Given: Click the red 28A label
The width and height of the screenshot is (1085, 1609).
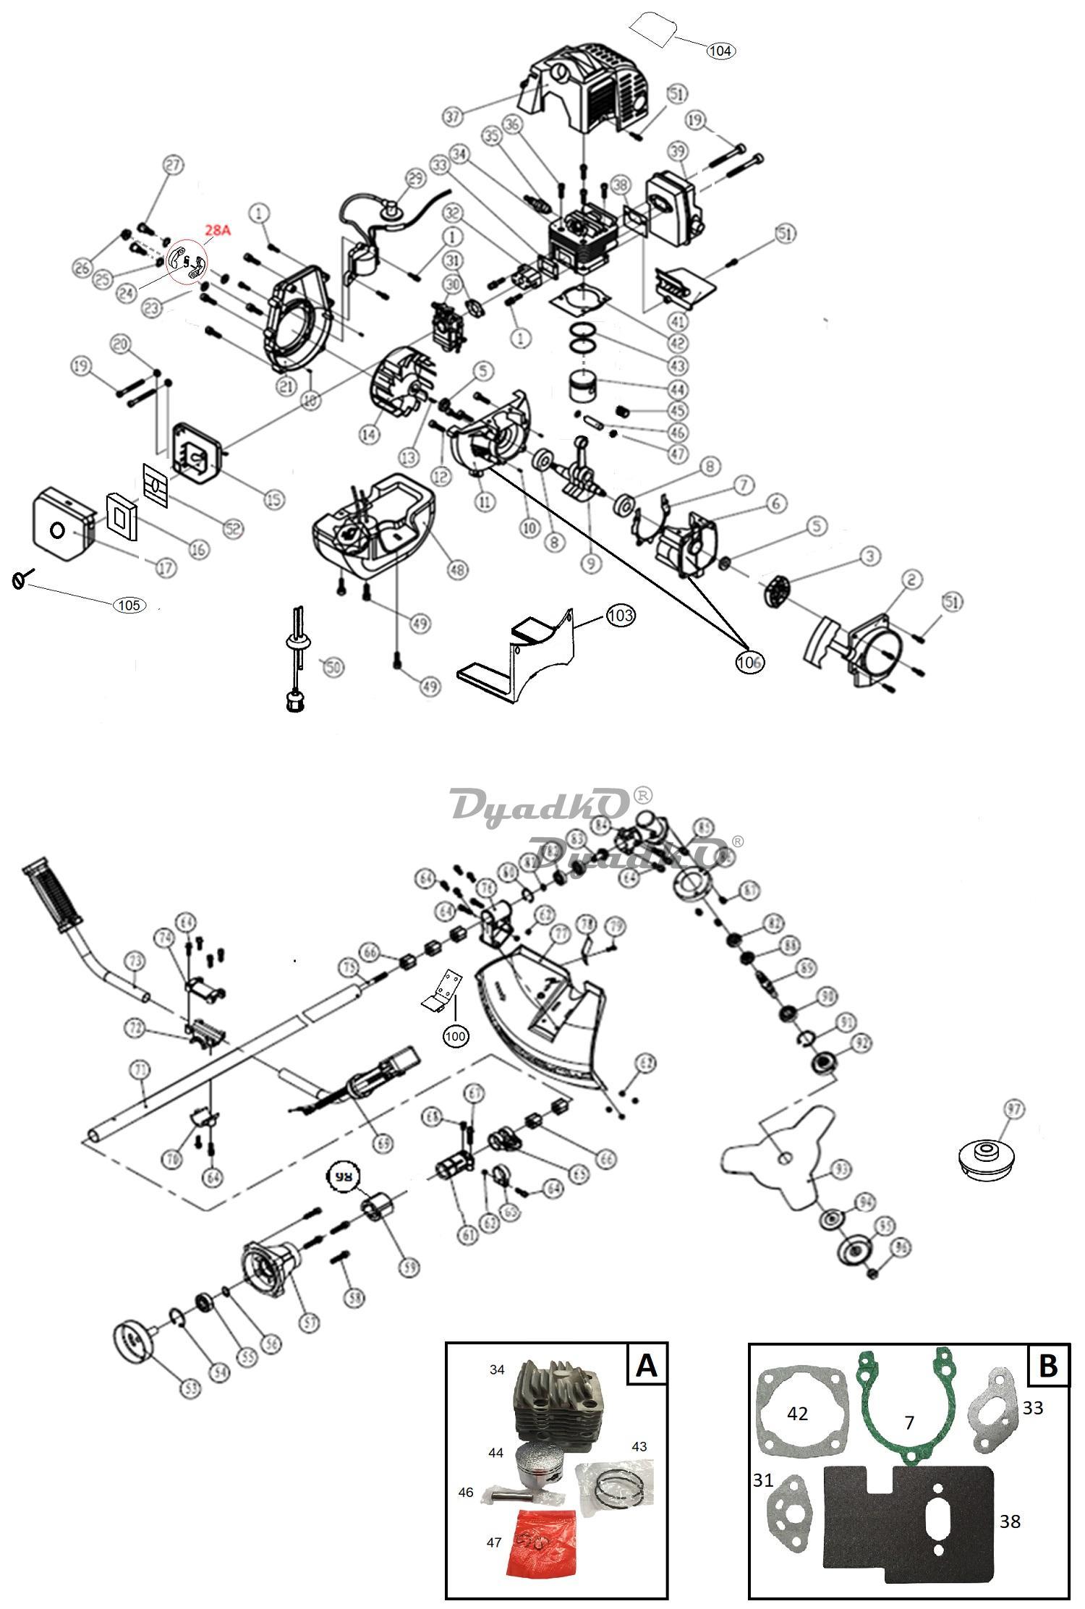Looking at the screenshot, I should click(x=217, y=231).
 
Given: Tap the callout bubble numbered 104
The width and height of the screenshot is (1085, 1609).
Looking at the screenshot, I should click(x=720, y=51).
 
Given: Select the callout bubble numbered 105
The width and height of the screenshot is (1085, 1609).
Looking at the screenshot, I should click(x=129, y=605).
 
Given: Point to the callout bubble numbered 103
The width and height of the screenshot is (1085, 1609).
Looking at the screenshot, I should click(x=621, y=616).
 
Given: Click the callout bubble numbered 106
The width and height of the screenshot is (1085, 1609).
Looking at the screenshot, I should click(x=750, y=661).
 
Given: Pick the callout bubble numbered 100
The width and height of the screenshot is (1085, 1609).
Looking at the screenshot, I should click(x=456, y=1036).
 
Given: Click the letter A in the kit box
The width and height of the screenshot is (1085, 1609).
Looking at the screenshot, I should click(x=646, y=1364).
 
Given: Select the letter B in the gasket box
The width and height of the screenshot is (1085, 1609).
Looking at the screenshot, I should click(x=1047, y=1365).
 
